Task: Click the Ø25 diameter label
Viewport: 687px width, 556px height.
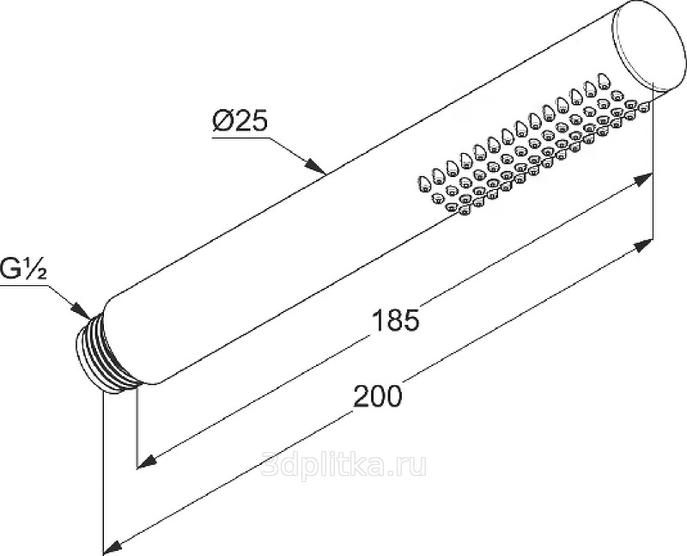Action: (240, 120)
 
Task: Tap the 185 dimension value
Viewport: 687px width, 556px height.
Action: (395, 320)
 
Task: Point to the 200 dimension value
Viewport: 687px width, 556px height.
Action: (377, 396)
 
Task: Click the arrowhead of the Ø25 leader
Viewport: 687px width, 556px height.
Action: (315, 167)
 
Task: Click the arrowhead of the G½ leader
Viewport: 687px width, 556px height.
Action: (82, 309)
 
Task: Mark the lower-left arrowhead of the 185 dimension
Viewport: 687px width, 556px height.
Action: (149, 461)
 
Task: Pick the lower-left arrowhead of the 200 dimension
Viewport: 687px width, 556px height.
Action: (113, 547)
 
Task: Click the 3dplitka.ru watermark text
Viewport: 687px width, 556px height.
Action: (343, 465)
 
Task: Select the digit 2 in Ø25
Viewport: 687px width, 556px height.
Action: (240, 120)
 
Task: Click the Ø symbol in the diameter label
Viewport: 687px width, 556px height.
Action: (222, 120)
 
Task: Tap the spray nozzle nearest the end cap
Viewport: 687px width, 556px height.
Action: (643, 107)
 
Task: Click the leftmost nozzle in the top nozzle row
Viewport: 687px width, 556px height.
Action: (424, 183)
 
